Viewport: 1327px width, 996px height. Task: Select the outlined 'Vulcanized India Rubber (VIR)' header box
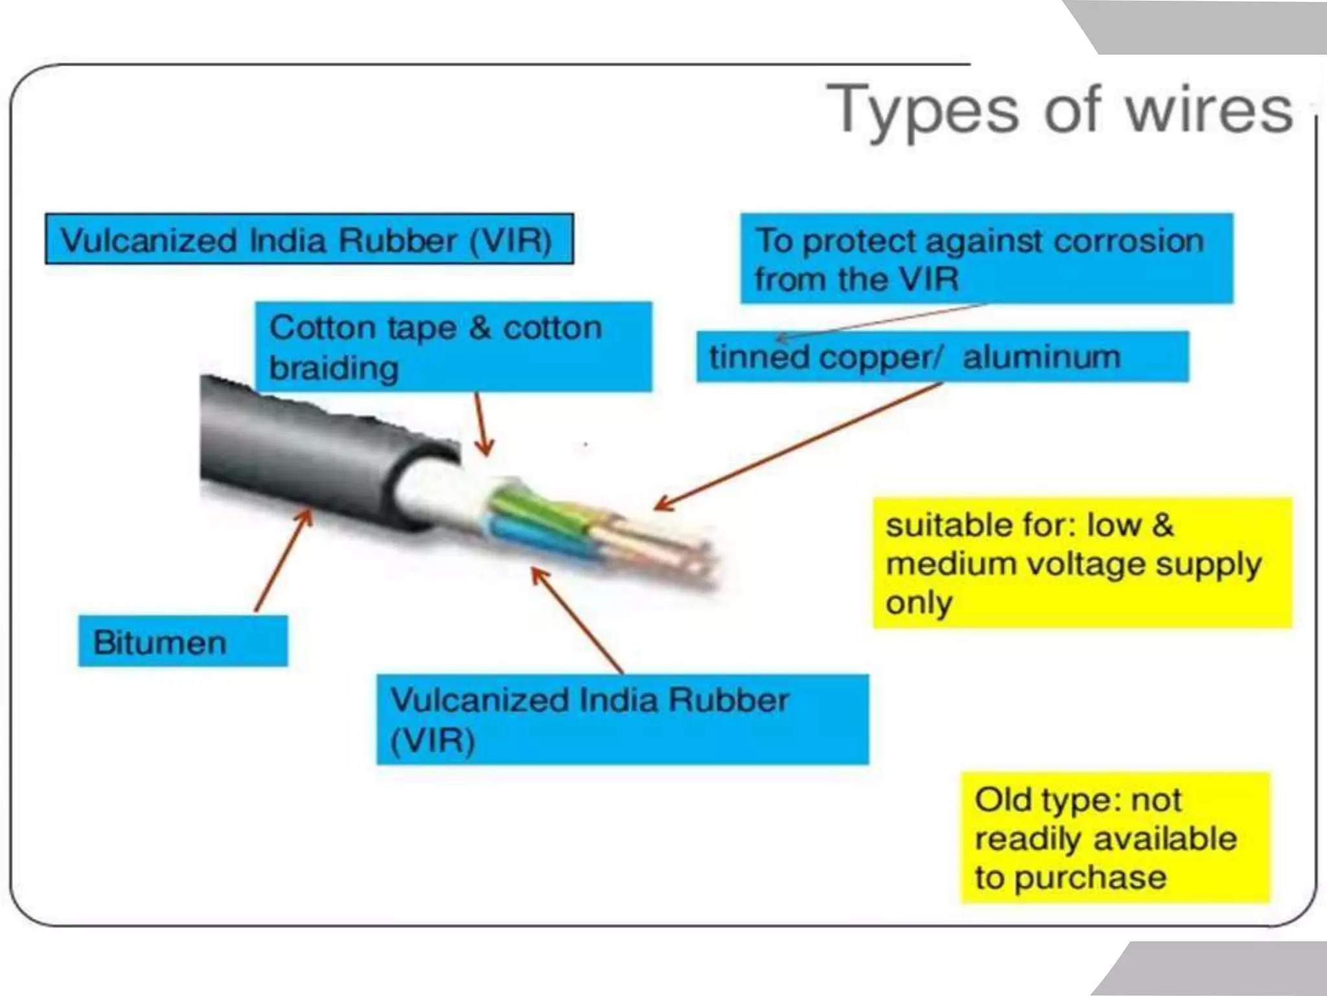pyautogui.click(x=309, y=239)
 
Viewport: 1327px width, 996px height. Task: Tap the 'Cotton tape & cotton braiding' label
pyautogui.click(x=453, y=346)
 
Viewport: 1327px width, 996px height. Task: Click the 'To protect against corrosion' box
pyautogui.click(x=986, y=258)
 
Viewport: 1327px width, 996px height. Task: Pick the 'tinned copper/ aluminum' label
pyautogui.click(x=942, y=357)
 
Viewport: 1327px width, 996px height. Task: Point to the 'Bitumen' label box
pyautogui.click(x=183, y=641)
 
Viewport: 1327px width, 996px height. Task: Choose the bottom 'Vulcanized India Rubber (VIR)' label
pyautogui.click(x=622, y=719)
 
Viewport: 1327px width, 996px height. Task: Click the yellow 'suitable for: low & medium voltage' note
pyautogui.click(x=1082, y=563)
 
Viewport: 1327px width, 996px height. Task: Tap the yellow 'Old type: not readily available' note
pyautogui.click(x=1114, y=837)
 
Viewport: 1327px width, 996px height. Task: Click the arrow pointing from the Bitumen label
pyautogui.click(x=284, y=560)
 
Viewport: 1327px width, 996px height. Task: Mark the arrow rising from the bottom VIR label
pyautogui.click(x=577, y=620)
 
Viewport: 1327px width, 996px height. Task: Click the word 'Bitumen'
pyautogui.click(x=160, y=642)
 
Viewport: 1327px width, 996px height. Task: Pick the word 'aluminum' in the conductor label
pyautogui.click(x=1041, y=357)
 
